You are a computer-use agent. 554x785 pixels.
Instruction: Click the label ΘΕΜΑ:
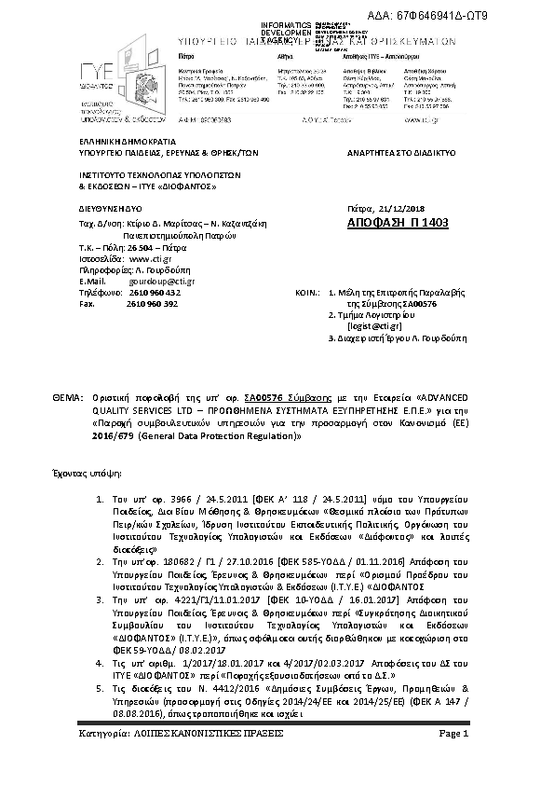pyautogui.click(x=69, y=397)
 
